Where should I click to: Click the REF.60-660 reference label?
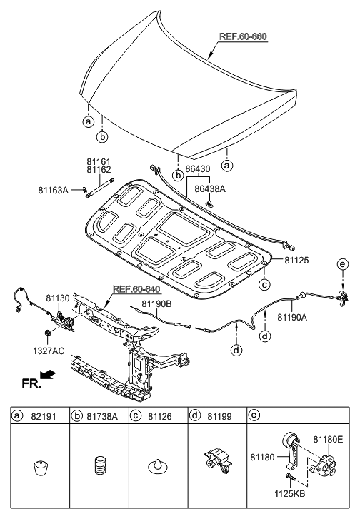coord(243,36)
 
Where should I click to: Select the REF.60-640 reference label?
coord(136,289)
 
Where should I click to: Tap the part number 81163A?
coord(53,191)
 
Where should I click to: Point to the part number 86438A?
coord(210,189)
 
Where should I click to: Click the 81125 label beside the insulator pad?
coord(296,260)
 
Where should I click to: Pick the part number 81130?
coord(58,298)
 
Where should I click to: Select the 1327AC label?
coord(49,351)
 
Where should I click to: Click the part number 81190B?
coord(156,303)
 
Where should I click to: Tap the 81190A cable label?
coord(292,318)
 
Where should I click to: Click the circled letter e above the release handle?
coord(343,264)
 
